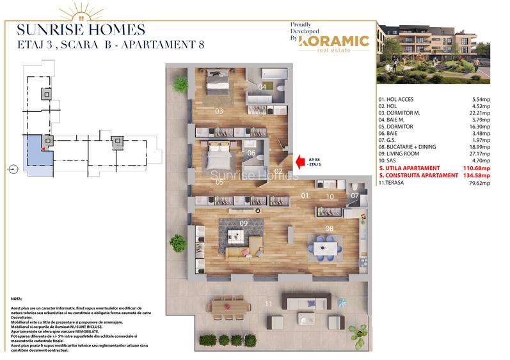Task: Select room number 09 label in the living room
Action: (x=243, y=223)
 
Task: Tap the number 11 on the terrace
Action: (x=269, y=303)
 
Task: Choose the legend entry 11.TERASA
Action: (x=394, y=183)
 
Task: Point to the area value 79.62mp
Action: (x=477, y=183)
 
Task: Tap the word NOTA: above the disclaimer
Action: (x=17, y=299)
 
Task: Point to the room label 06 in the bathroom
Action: (x=251, y=153)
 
